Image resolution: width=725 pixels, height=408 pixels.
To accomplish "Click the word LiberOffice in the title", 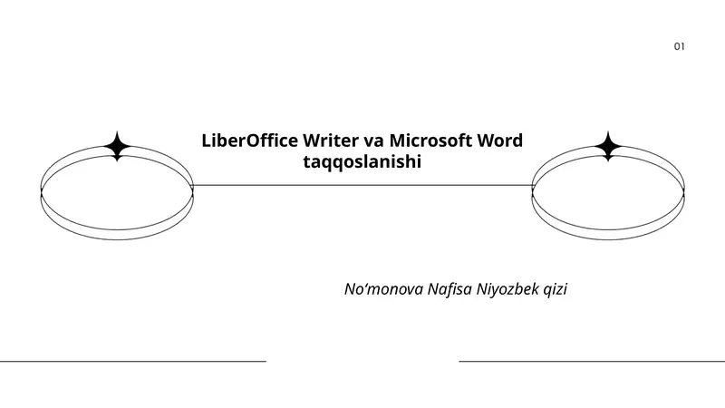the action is pyautogui.click(x=250, y=141).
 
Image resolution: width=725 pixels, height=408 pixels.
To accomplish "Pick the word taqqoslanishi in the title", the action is pyautogui.click(x=362, y=162).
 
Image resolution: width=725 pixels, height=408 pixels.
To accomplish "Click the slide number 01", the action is pyautogui.click(x=679, y=46).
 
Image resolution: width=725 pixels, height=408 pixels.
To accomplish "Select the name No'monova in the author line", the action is pyautogui.click(x=383, y=289).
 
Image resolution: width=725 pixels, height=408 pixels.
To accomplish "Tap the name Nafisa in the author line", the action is pyautogui.click(x=449, y=289).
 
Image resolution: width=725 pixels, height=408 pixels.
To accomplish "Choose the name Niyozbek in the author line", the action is pyautogui.click(x=507, y=289).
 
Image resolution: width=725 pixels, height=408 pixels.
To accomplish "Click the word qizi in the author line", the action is pyautogui.click(x=556, y=290).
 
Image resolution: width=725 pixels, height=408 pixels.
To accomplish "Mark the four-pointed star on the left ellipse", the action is pyautogui.click(x=118, y=146).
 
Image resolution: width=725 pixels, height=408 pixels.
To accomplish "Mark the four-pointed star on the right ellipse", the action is pyautogui.click(x=608, y=146).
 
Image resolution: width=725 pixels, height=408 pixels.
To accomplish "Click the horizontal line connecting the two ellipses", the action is pyautogui.click(x=362, y=186).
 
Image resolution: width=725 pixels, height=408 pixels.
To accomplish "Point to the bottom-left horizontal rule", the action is pyautogui.click(x=133, y=361).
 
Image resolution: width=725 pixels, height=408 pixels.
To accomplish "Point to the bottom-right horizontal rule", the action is pyautogui.click(x=592, y=361).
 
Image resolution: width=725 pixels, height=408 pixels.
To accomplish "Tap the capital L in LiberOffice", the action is pyautogui.click(x=207, y=141).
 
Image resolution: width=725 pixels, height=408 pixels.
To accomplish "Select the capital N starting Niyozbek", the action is pyautogui.click(x=482, y=289).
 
